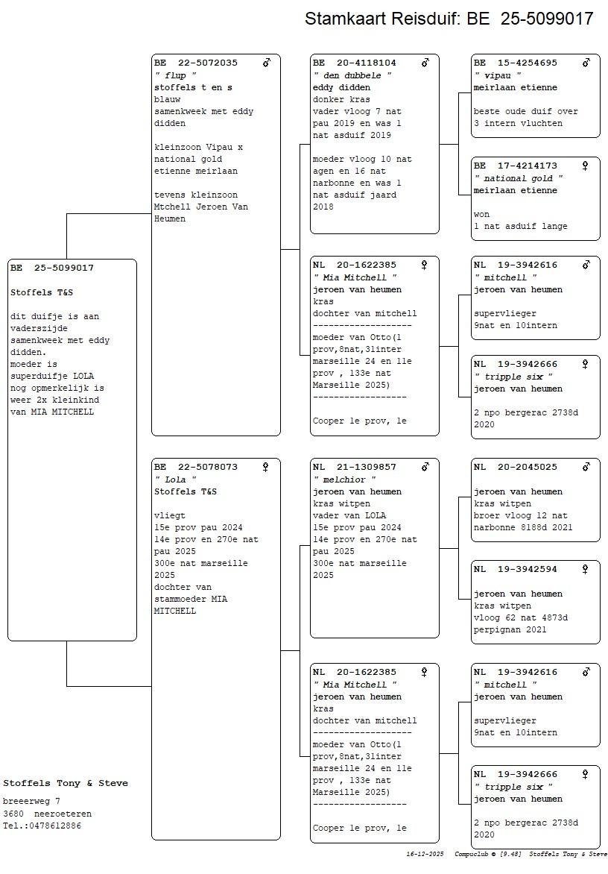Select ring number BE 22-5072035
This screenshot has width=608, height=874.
pyautogui.click(x=196, y=63)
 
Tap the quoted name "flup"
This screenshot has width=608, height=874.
pyautogui.click(x=176, y=75)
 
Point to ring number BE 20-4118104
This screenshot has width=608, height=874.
pyautogui.click(x=355, y=63)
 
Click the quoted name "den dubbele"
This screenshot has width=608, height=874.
pyautogui.click(x=352, y=75)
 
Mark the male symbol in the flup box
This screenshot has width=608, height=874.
pyautogui.click(x=267, y=63)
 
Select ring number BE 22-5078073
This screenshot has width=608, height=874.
pyautogui.click(x=196, y=468)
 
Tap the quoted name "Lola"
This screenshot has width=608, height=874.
pyautogui.click(x=176, y=480)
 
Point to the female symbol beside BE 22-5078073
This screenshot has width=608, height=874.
pyautogui.click(x=265, y=468)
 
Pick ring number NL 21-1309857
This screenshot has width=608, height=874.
pyautogui.click(x=355, y=468)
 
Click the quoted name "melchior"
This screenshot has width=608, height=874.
pyautogui.click(x=344, y=480)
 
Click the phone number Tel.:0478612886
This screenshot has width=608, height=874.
pyautogui.click(x=42, y=826)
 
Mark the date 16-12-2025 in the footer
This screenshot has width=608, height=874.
pyautogui.click(x=425, y=854)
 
